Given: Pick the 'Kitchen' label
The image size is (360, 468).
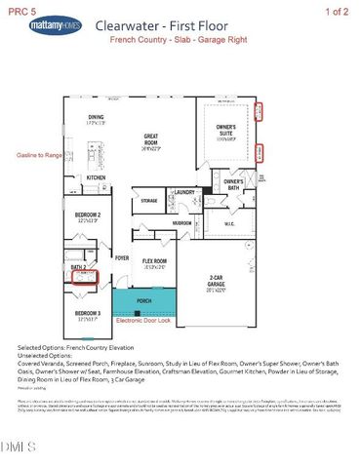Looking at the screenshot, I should coord(96,178).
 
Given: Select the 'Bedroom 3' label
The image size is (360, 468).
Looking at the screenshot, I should coord(88,314).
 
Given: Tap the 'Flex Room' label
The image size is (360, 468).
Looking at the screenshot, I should coord(154,261).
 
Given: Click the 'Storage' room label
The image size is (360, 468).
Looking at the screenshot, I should coord(148,201).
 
